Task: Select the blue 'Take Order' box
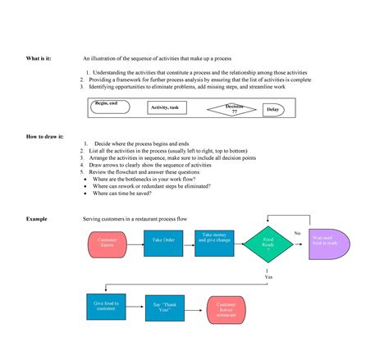point(164,240)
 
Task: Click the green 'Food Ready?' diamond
point(268,244)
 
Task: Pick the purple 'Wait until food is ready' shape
point(328,244)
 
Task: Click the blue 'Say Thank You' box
point(164,308)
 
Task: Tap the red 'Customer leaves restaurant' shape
point(227,309)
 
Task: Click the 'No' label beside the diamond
point(297,233)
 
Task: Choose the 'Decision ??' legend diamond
point(232,107)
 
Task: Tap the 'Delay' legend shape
point(272,110)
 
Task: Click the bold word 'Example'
point(37,219)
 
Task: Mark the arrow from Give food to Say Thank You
point(135,308)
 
